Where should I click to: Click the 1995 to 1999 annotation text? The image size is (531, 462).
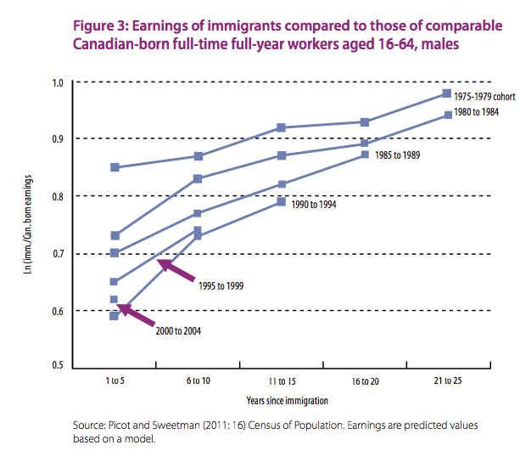(x=221, y=285)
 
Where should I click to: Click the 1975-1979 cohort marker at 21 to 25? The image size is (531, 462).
(x=447, y=93)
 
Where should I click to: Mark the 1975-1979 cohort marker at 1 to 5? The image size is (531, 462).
(x=115, y=167)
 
